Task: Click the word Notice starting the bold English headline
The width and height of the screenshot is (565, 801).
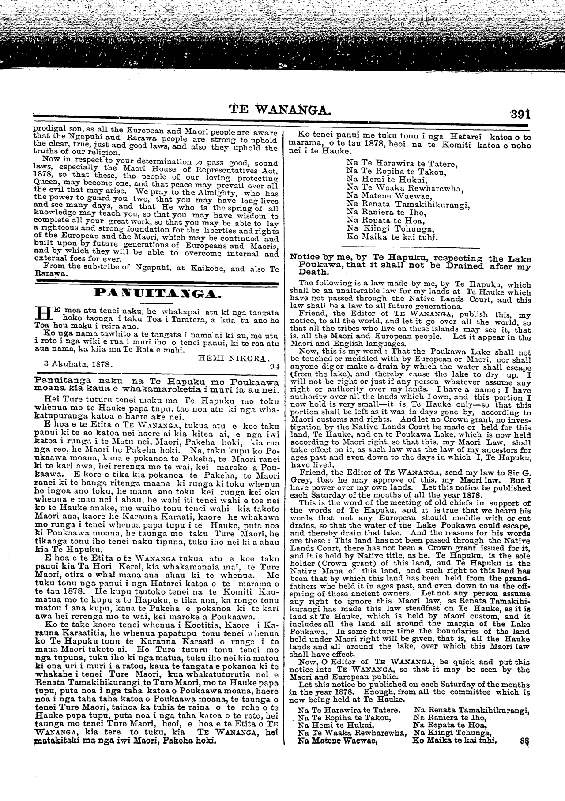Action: point(305,259)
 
